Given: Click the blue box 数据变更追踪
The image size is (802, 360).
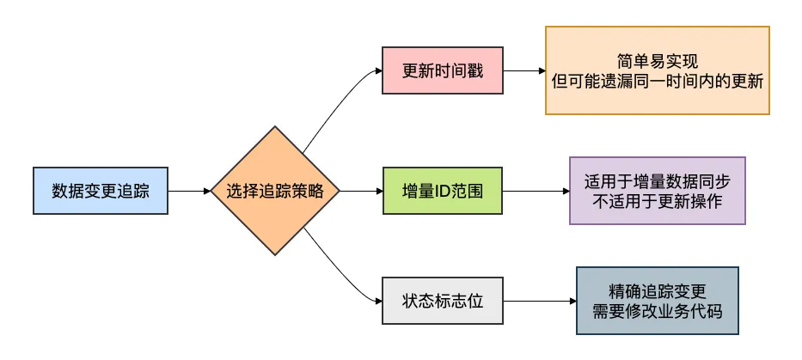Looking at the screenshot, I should (x=100, y=191).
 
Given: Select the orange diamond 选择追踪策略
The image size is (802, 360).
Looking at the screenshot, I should (x=275, y=191).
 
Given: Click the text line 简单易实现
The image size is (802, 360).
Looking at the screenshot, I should (x=657, y=61).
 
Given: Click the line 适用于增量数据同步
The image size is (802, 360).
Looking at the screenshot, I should (x=657, y=181).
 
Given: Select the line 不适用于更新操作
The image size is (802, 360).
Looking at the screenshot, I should (x=657, y=200).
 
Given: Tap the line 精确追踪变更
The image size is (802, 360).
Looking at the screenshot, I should (x=657, y=291).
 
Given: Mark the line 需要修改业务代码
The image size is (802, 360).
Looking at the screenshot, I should (x=657, y=310).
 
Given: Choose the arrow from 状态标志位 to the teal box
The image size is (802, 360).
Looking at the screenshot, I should (x=538, y=301).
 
